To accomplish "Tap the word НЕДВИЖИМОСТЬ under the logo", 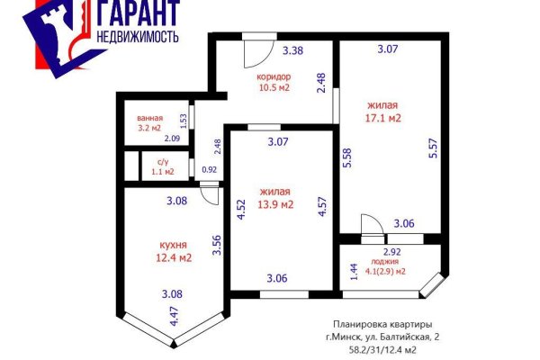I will [x=132, y=37].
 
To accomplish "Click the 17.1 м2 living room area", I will [x=383, y=117].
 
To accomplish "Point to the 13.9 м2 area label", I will [x=276, y=205].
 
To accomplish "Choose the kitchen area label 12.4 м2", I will [x=174, y=258].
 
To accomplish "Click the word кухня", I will [x=173, y=244].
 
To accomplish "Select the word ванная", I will [x=149, y=117].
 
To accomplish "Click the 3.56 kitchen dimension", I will [x=217, y=245].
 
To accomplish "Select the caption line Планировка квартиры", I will [x=381, y=324].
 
